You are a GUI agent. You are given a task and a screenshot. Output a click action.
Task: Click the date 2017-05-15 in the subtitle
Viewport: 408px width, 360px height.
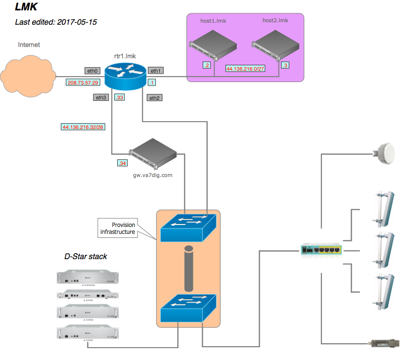click(77, 22)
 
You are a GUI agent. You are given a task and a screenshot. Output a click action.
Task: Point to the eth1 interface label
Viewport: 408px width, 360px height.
click(155, 71)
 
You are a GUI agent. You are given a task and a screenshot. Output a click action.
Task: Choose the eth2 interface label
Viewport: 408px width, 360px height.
click(154, 98)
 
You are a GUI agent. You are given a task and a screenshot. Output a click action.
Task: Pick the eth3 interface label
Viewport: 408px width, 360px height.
click(100, 97)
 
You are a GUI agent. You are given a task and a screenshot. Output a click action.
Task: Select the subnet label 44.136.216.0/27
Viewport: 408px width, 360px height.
click(244, 69)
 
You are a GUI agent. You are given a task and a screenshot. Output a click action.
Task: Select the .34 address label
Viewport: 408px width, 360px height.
click(122, 163)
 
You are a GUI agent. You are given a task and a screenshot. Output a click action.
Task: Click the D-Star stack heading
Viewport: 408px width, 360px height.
click(86, 257)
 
